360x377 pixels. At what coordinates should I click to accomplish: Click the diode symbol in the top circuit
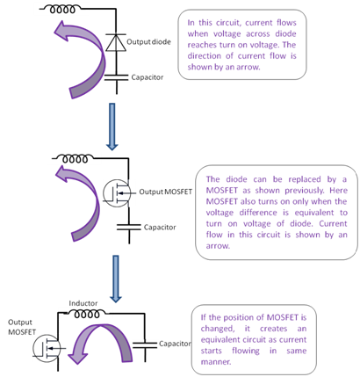click(x=116, y=42)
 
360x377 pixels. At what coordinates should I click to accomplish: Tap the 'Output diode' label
click(x=148, y=42)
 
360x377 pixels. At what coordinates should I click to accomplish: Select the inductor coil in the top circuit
click(x=62, y=10)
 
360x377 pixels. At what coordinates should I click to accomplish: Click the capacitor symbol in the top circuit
click(x=117, y=77)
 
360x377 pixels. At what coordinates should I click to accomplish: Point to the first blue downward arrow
click(x=112, y=127)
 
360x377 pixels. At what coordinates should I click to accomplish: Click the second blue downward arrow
click(x=116, y=279)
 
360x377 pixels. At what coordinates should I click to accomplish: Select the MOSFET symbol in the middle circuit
click(x=117, y=193)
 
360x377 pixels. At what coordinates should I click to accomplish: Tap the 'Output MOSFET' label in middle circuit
click(x=165, y=192)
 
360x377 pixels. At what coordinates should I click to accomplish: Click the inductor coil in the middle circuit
click(x=75, y=159)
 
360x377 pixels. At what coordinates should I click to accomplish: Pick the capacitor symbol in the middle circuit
click(x=129, y=228)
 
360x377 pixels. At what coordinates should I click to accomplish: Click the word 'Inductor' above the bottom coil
click(x=83, y=303)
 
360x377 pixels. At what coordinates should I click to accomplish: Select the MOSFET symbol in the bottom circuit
click(x=46, y=349)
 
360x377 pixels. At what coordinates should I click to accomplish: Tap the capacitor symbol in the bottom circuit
click(x=145, y=344)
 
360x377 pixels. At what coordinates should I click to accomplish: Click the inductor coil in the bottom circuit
click(x=87, y=315)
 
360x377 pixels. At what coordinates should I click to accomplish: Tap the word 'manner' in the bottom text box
click(x=216, y=362)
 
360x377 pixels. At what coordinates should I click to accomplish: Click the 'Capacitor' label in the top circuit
click(x=148, y=77)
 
